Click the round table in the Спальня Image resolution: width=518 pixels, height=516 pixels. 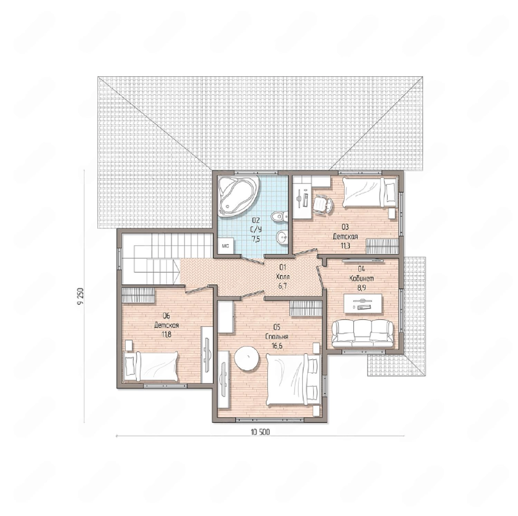247,359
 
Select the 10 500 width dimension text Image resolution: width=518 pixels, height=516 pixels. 260,432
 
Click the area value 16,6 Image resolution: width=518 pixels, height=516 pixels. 277,346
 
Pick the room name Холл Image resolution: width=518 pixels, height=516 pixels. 283,277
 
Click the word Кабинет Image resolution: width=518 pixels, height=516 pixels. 362,278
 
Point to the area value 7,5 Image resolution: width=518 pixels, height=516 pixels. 256,239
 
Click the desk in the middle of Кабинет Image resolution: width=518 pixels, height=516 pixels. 363,304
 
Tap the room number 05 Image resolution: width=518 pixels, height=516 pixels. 277,327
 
